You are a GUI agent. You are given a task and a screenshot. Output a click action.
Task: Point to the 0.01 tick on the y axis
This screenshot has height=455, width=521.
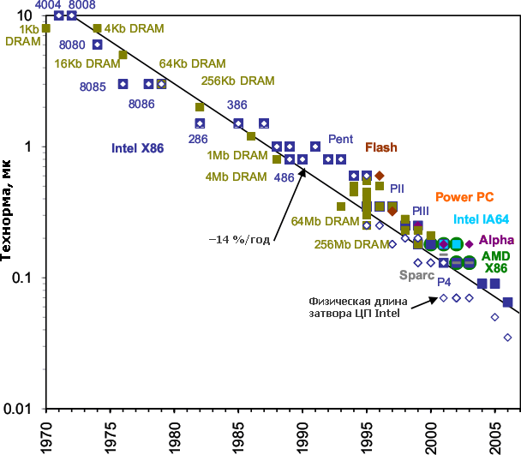19,409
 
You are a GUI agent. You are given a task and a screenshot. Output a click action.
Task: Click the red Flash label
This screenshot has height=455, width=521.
381,147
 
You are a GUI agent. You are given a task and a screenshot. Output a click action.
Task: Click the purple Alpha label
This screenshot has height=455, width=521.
496,241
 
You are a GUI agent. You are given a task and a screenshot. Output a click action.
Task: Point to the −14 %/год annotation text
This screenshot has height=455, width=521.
240,239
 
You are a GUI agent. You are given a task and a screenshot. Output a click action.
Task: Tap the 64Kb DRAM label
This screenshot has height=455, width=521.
191,63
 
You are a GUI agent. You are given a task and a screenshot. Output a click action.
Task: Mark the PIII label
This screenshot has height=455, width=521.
422,211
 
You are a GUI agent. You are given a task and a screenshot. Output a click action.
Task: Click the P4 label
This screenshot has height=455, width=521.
444,281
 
